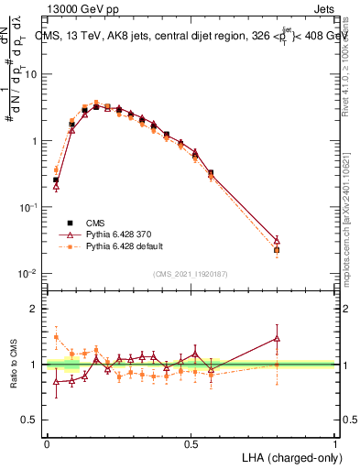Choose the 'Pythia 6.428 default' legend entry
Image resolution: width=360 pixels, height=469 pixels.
point(127,246)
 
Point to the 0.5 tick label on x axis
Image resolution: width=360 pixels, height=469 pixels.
point(191,444)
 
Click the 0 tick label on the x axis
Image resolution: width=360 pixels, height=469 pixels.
point(47,444)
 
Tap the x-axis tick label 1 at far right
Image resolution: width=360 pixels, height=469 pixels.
point(335,444)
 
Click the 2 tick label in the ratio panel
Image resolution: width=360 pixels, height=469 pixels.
point(36,309)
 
